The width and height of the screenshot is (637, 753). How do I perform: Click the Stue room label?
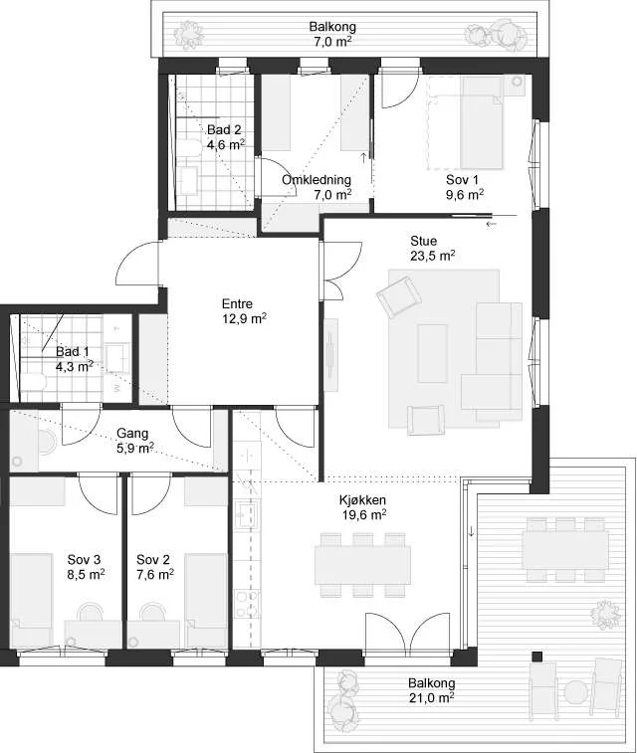coord(423,241)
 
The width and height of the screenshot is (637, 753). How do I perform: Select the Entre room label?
coord(237,304)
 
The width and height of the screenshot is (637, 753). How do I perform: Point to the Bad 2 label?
coord(224,129)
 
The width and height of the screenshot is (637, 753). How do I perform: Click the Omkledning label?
coord(317,180)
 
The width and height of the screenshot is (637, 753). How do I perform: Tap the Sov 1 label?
coord(462,180)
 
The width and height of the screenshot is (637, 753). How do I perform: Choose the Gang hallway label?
coord(132,434)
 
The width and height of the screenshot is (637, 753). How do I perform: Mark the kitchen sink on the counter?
coord(247,514)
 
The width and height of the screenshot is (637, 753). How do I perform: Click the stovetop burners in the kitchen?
coord(247,604)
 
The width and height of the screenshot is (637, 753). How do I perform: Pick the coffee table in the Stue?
coord(433,353)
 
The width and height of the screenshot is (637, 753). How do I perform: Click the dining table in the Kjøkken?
coord(362,565)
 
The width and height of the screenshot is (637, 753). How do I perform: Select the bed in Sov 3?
coord(31,600)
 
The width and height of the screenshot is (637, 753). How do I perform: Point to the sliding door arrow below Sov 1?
coord(491,224)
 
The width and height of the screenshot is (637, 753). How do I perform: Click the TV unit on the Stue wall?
coord(330,354)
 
